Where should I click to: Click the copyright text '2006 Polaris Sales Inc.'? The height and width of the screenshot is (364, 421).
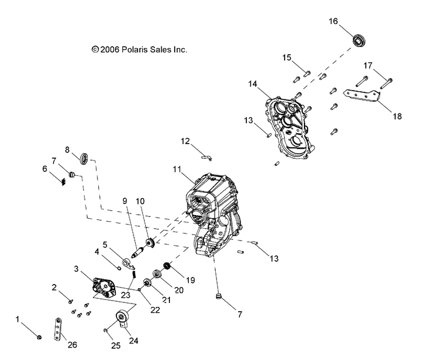pos(140,50)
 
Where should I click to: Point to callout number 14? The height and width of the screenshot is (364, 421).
pos(252,84)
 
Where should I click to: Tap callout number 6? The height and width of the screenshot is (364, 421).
pos(45,169)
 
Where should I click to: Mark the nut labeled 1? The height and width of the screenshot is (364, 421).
pos(39,336)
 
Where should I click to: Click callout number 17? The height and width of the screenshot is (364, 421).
pos(367,65)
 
